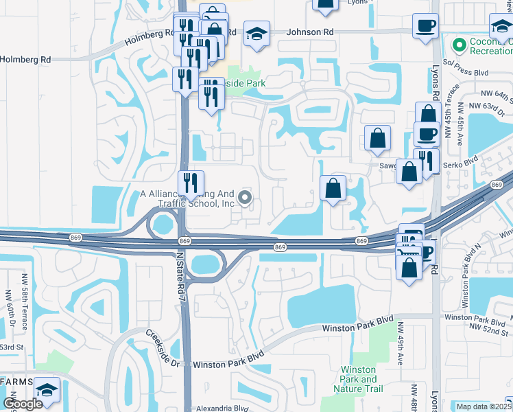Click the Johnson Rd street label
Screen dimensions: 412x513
(310, 32)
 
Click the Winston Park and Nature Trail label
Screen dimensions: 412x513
(359, 379)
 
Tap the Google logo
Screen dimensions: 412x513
(23, 404)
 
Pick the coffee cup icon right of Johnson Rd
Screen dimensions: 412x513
(425, 26)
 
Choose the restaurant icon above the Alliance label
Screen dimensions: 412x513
(191, 183)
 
